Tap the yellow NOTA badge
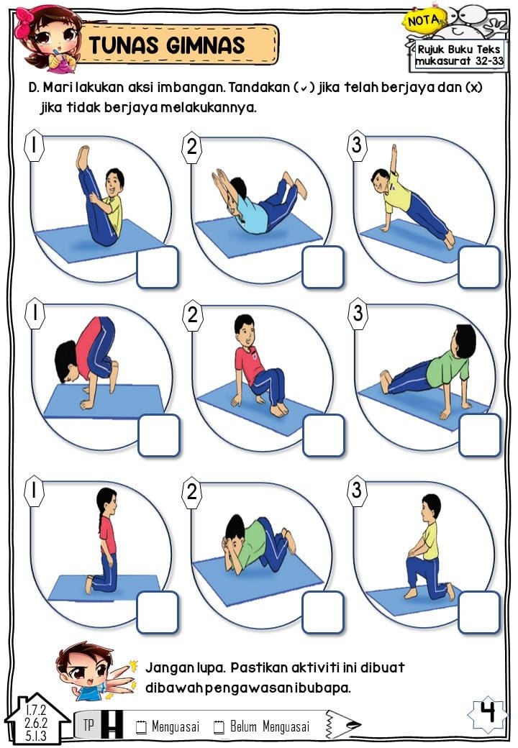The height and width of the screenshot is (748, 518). [x=424, y=21]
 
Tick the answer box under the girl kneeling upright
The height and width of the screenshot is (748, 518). [x=158, y=613]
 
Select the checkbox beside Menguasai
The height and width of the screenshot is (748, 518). [x=142, y=726]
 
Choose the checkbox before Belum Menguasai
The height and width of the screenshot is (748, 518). [x=219, y=726]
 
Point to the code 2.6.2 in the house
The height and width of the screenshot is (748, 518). [x=36, y=722]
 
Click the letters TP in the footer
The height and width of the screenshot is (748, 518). [x=88, y=725]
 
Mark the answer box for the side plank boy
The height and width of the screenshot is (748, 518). [x=479, y=267]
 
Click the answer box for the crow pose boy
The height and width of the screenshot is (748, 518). [x=159, y=435]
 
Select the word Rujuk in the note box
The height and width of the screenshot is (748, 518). [x=432, y=49]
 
